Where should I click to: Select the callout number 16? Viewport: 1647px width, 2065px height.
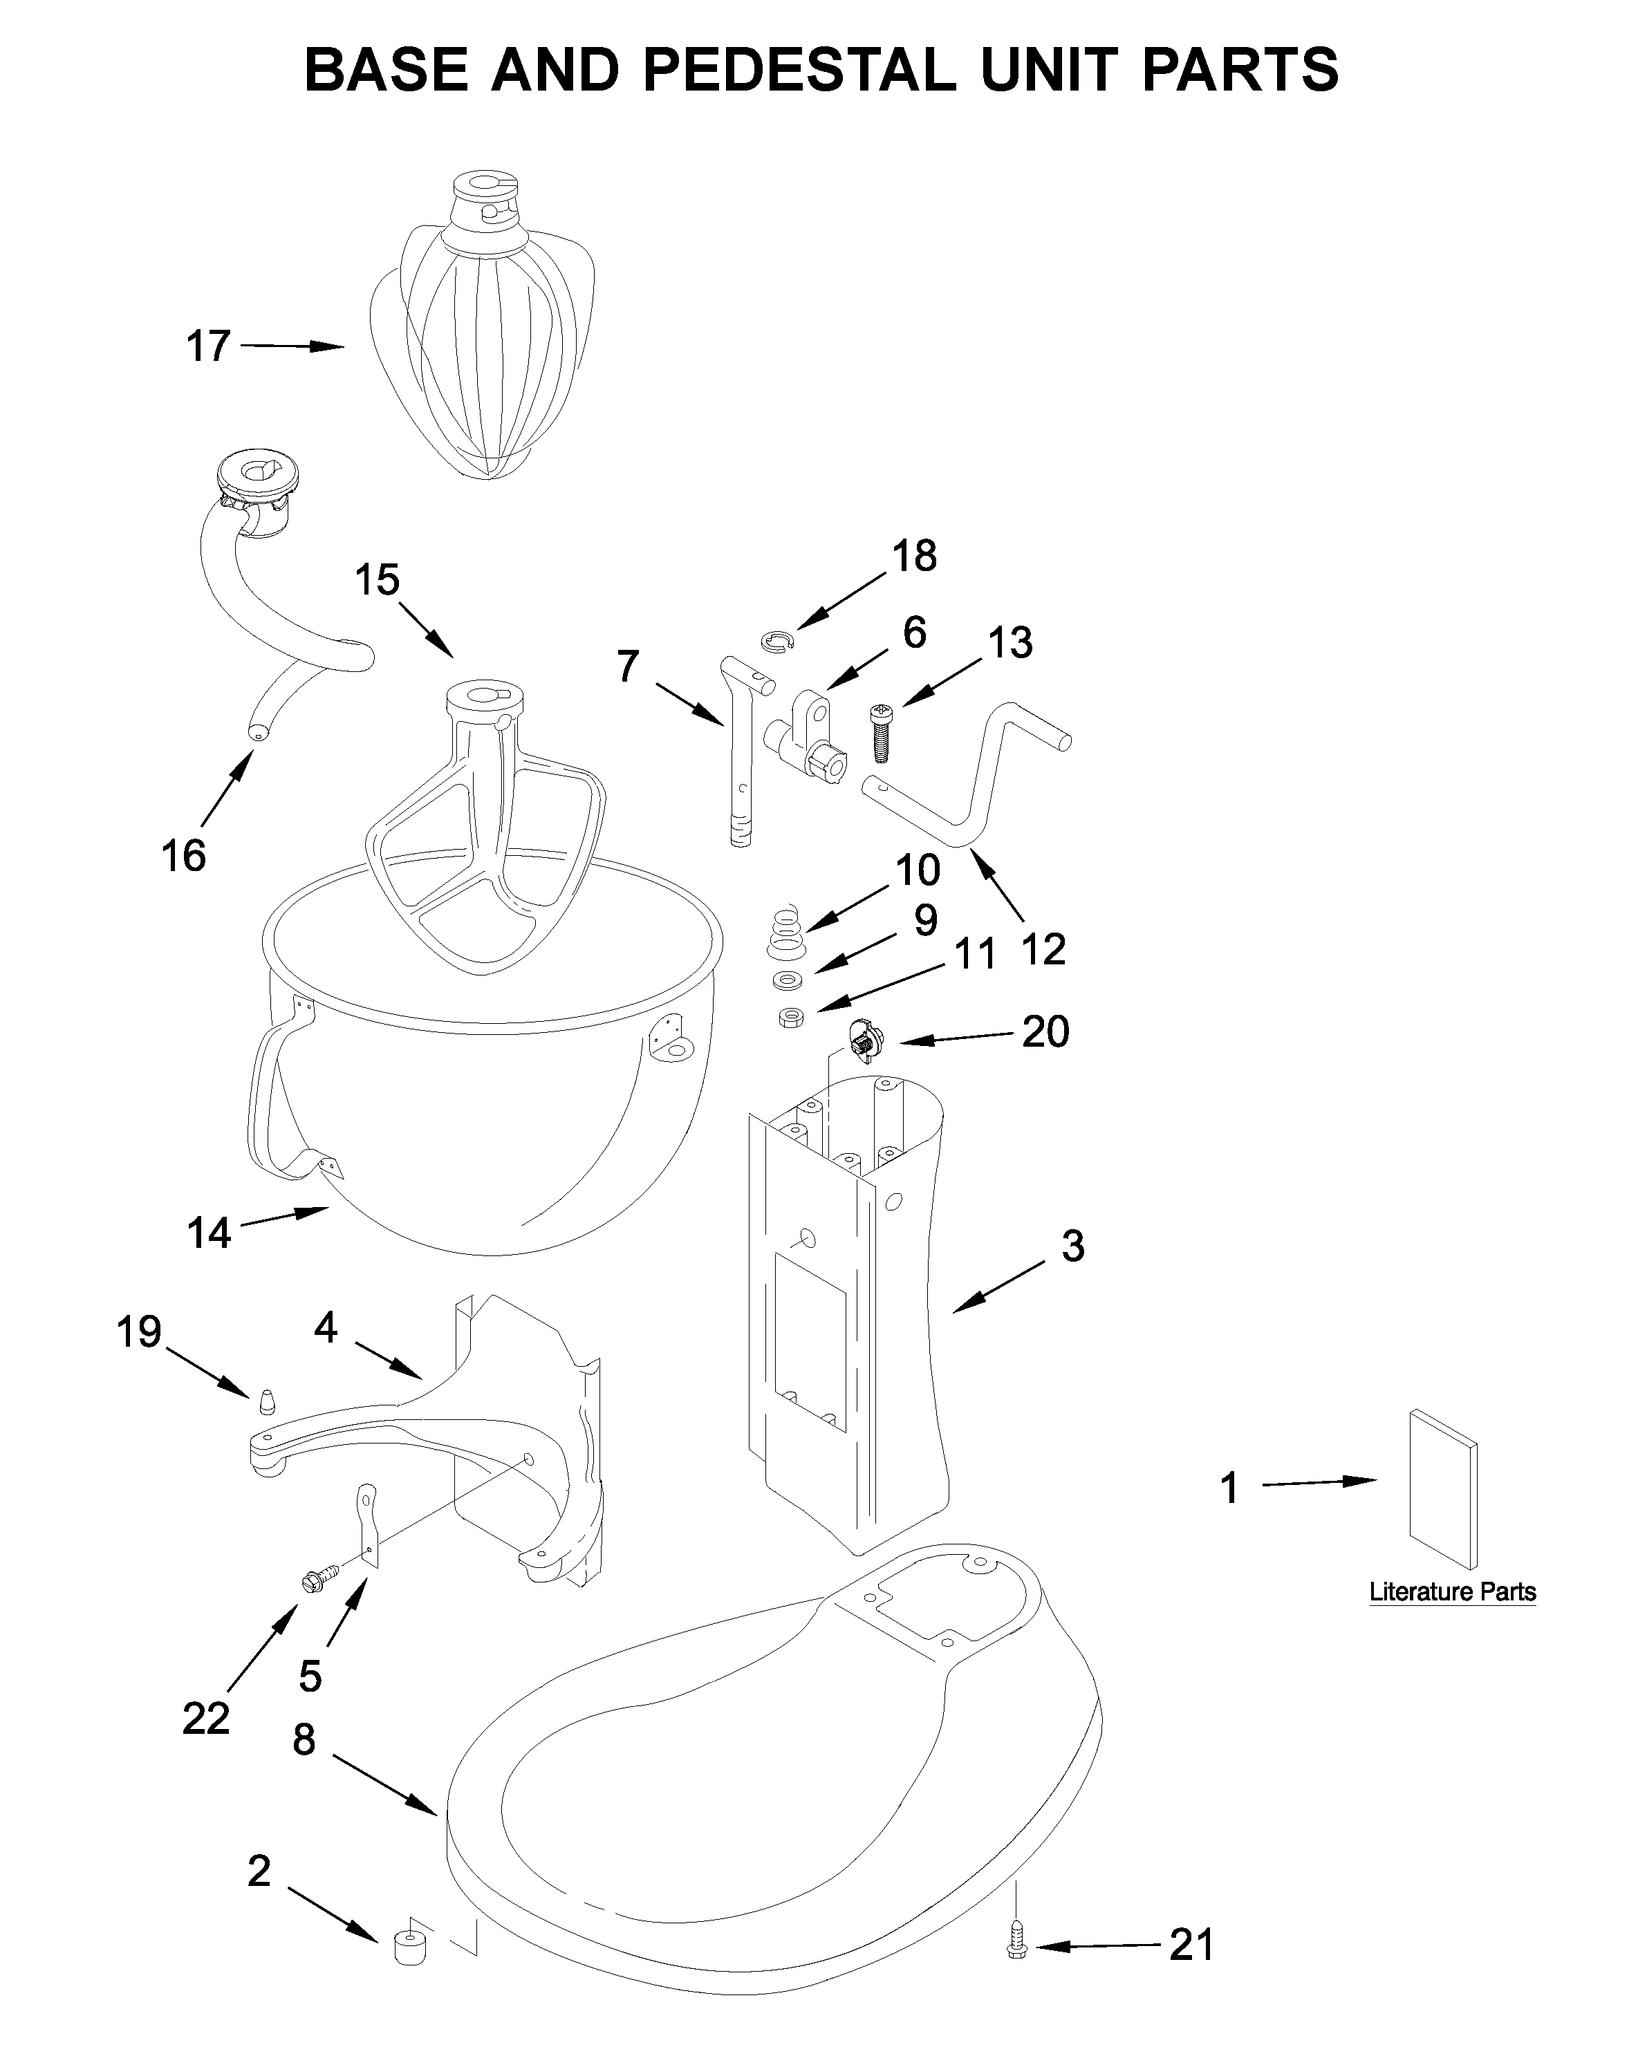pos(183,855)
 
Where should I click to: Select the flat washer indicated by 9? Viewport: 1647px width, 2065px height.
pos(788,981)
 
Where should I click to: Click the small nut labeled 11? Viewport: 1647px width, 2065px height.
pos(790,1016)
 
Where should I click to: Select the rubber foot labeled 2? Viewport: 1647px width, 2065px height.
pos(410,1948)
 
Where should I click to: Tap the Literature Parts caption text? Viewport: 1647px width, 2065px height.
pos(1451,1592)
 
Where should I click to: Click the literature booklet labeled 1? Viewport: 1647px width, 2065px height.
pos(1442,1488)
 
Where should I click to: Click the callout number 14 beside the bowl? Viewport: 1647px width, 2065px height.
pos(209,1233)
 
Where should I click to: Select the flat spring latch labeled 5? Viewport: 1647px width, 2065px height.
pos(368,1524)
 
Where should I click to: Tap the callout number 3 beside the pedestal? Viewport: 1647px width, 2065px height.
pos(1072,1245)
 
